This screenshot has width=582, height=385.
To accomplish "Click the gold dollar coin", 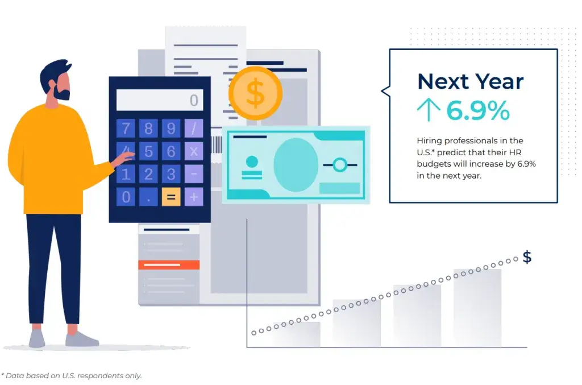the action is coord(255,93).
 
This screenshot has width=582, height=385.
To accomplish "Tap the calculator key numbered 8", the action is coord(148,129).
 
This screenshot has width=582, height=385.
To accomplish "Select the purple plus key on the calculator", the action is coord(194,197).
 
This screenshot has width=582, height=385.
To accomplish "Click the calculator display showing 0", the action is coord(160,100).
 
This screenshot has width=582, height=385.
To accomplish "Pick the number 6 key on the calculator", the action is coord(171,151).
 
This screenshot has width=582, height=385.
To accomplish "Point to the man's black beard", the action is coord(62,92).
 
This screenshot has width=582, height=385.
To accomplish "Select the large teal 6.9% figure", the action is coord(478,110).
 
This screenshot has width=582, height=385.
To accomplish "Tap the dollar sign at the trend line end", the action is coord(527,257).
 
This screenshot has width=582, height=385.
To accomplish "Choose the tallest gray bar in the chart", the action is coord(477,308).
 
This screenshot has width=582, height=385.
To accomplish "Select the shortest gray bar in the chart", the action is coord(296,334).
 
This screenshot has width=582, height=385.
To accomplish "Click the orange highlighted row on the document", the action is coord(169,264).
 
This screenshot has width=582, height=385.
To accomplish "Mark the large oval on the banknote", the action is coord(296,165).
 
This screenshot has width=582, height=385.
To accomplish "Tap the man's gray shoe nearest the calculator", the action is coord(82,339).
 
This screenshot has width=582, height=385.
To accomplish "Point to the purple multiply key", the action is coord(194,151).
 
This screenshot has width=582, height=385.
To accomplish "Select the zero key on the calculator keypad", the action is coord(126,197).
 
